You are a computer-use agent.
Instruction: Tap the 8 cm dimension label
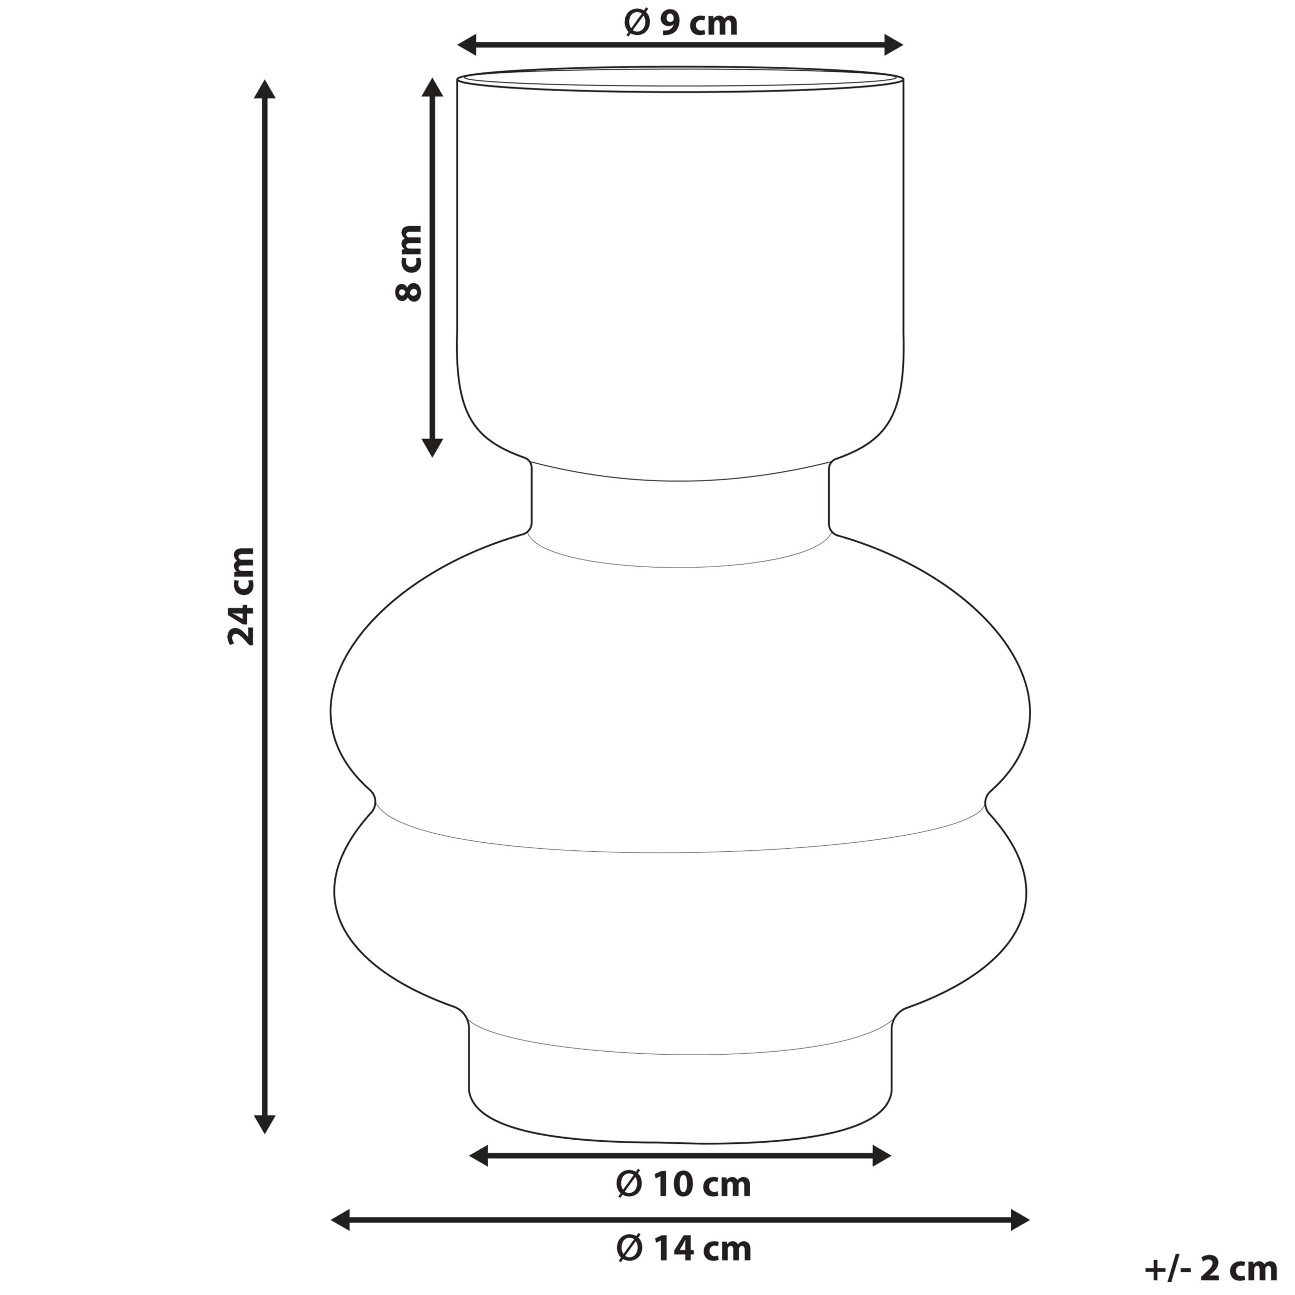pos(408,264)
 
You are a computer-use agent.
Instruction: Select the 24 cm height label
pos(241,596)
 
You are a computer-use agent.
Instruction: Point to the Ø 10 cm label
pos(683,1185)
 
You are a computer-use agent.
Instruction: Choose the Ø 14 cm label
pos(683,1249)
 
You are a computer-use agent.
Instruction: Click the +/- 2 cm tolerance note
pos(1211,1268)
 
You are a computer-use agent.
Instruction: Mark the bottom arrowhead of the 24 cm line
pos(266,1123)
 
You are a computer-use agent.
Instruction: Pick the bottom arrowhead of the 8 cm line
pos(433,447)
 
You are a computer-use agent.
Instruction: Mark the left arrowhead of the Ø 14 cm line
pos(341,1220)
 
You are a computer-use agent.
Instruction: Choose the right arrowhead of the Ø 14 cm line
pos(1019,1220)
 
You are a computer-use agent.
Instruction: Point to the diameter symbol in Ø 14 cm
pos(629,1249)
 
